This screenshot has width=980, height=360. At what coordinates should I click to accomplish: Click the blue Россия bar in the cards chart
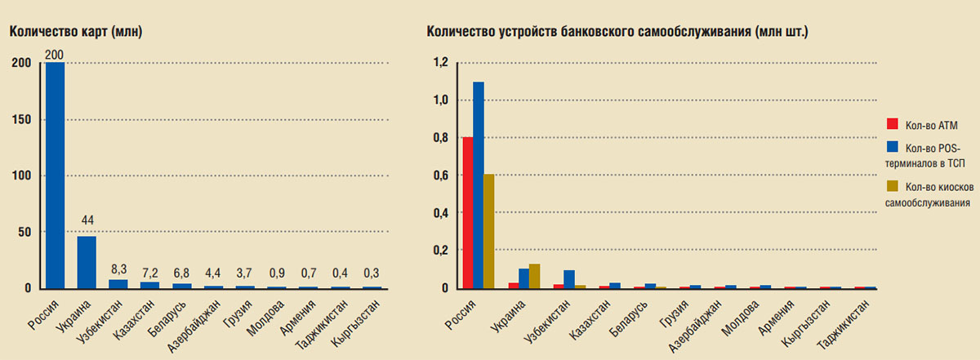[56, 176]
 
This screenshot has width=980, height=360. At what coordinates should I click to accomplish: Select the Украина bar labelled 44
[87, 262]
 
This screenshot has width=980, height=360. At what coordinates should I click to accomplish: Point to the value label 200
[56, 55]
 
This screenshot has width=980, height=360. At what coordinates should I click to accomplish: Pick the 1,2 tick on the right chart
[442, 63]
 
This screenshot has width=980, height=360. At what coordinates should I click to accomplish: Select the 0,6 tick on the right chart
[442, 176]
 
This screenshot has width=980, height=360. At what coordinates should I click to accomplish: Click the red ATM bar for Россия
[467, 212]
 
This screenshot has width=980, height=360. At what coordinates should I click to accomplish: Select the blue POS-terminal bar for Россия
[479, 185]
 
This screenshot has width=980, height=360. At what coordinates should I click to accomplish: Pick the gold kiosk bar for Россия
[489, 231]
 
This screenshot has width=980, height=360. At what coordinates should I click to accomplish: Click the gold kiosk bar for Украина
[535, 276]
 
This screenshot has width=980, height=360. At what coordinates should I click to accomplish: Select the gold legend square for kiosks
[892, 186]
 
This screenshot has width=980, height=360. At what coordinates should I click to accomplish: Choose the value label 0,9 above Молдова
[278, 273]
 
